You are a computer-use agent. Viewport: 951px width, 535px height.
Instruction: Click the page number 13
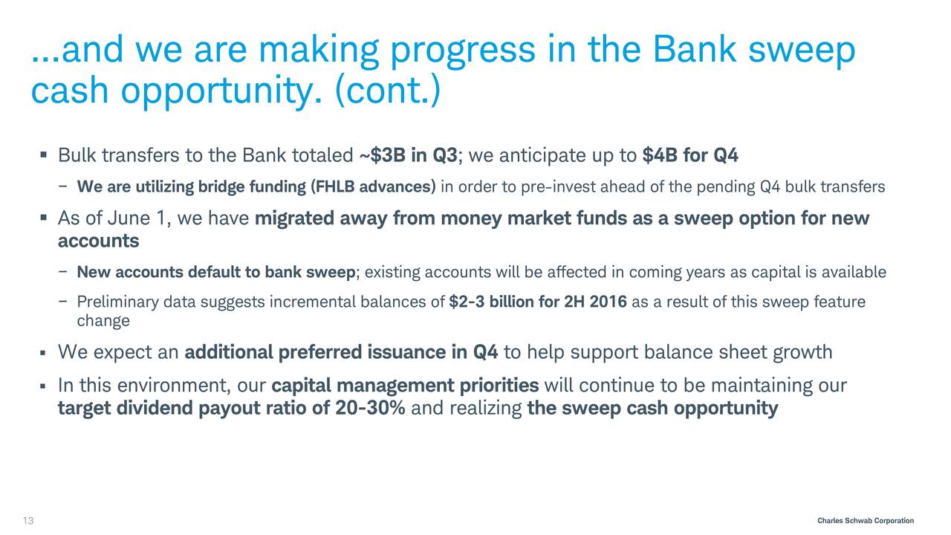tap(28, 521)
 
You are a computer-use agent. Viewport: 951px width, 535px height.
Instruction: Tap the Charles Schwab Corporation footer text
tap(866, 521)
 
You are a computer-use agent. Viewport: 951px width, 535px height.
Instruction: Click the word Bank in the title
tap(695, 50)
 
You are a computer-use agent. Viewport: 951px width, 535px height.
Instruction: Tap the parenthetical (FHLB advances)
tap(373, 187)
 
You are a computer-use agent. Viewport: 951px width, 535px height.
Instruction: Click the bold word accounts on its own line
tap(99, 241)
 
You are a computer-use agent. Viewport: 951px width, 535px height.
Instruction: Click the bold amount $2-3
tap(467, 302)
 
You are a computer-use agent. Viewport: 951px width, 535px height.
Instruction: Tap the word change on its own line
tap(103, 321)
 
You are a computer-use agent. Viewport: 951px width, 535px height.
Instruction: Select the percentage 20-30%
tap(370, 408)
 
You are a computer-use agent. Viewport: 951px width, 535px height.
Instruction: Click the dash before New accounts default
tap(63, 273)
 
